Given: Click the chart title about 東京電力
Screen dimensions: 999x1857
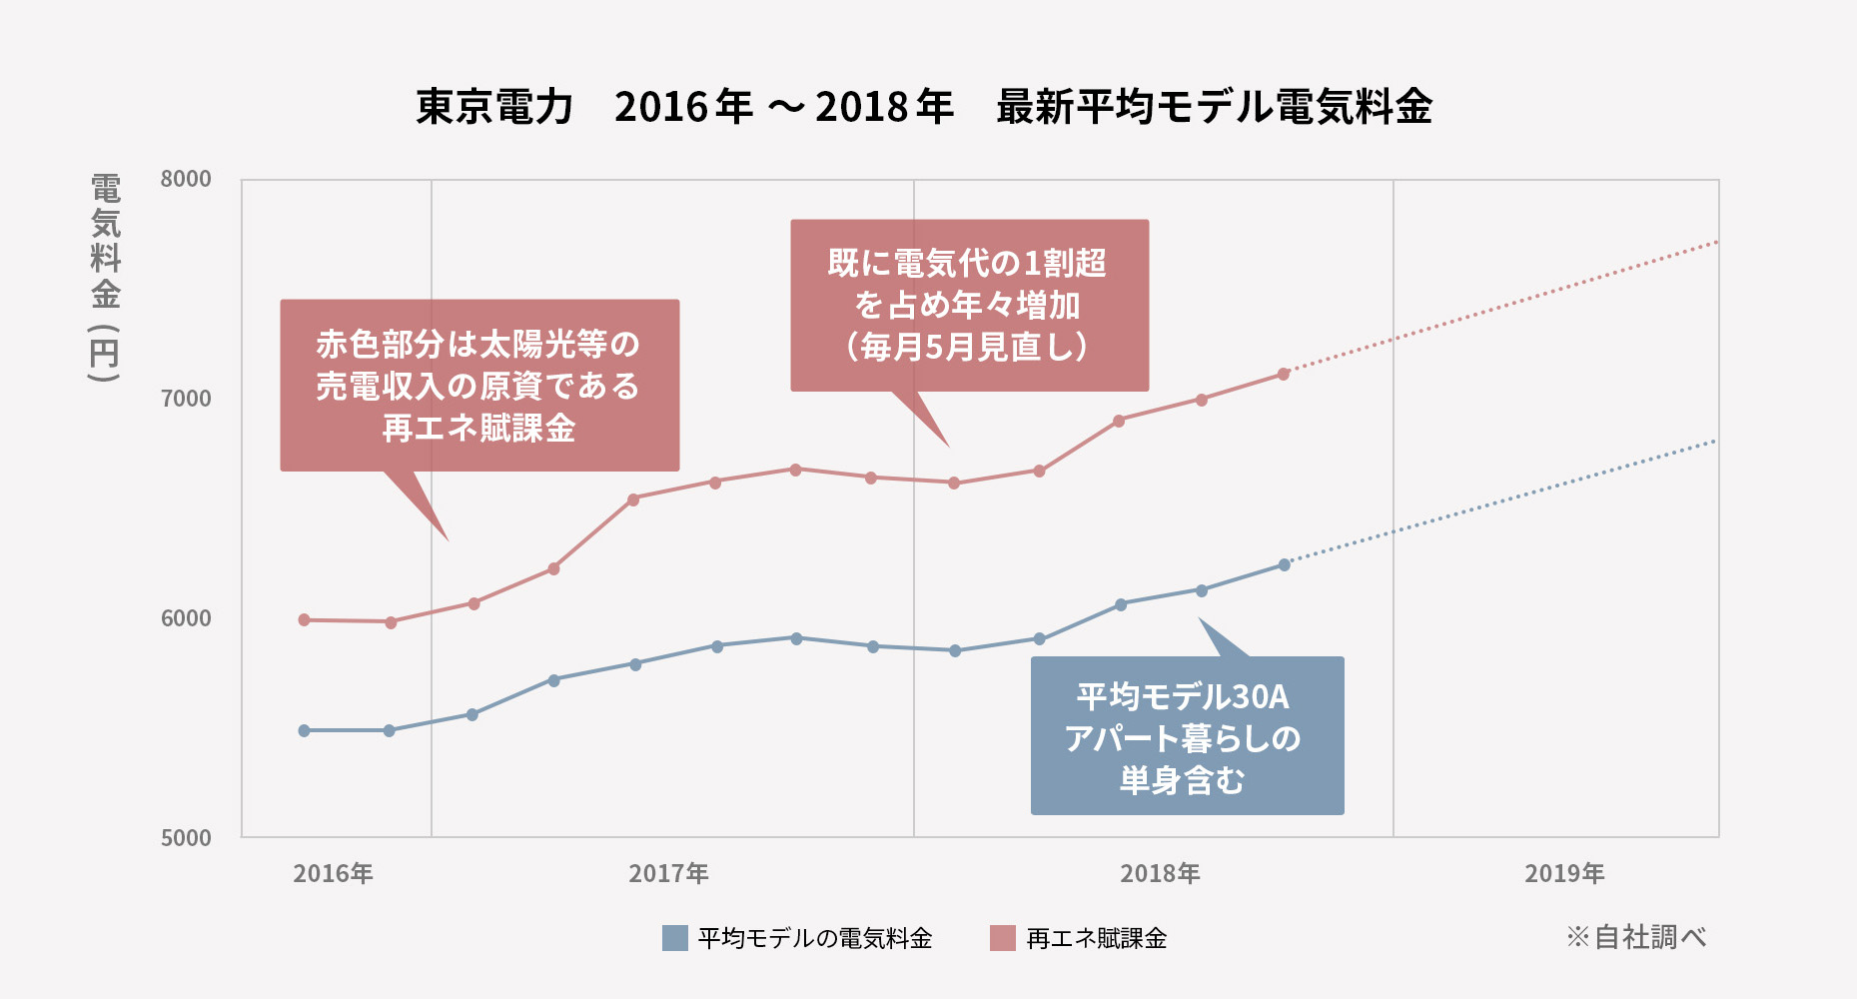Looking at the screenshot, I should click(x=924, y=107).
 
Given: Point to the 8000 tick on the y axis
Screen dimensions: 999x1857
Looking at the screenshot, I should click(x=186, y=179).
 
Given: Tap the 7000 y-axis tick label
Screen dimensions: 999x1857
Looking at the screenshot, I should click(x=186, y=399).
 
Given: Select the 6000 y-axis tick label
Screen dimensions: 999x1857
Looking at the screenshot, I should click(x=186, y=618).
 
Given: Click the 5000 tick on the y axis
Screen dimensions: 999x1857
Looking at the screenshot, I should click(x=186, y=838).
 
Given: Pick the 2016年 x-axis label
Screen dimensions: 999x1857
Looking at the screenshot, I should click(x=333, y=874).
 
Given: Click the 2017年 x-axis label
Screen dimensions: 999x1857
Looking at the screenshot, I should click(x=668, y=874).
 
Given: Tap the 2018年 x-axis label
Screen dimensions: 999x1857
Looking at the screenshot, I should click(x=1160, y=874).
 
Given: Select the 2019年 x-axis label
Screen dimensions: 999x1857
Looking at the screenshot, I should click(x=1564, y=874).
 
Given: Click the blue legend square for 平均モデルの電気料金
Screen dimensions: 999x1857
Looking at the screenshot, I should click(x=675, y=938).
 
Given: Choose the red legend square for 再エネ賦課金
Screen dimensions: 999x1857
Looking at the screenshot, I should click(x=1002, y=938).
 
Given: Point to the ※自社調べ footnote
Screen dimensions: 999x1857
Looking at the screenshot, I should click(x=1636, y=937).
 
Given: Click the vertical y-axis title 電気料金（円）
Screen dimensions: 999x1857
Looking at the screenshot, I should click(x=105, y=278).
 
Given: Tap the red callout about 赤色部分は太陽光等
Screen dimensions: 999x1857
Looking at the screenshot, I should click(x=478, y=386).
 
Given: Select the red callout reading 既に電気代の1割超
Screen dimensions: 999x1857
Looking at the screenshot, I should click(x=969, y=305).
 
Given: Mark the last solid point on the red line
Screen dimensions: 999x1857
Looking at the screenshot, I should click(x=1284, y=374).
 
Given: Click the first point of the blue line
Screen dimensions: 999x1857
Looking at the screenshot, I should click(x=305, y=731).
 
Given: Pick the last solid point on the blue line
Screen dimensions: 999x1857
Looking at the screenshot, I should click(x=1285, y=564).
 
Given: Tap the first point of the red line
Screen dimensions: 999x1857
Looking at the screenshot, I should click(x=305, y=620).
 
